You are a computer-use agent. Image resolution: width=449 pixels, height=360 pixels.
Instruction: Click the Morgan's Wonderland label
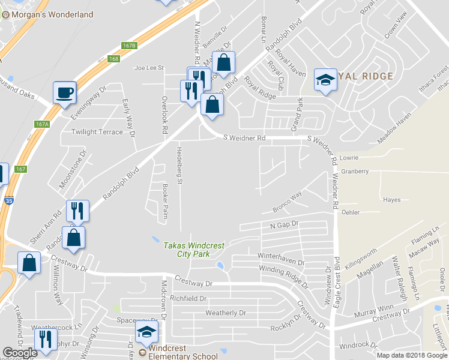click(x=52, y=14)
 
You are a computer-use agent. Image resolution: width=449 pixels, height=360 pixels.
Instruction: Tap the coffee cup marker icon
click(x=64, y=93)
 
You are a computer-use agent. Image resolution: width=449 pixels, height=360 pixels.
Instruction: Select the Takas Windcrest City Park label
click(x=186, y=250)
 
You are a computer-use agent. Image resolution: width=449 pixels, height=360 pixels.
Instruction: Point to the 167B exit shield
click(x=129, y=46)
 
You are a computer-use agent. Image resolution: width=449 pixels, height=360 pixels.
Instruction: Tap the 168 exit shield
click(x=114, y=59)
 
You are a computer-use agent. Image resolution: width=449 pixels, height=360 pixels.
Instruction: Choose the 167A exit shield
click(x=41, y=124)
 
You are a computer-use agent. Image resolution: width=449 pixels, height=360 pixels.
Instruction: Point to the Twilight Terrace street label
click(x=97, y=132)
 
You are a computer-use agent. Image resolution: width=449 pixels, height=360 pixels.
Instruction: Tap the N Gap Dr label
click(x=284, y=224)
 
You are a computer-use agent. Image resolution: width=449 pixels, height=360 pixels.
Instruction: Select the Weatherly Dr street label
click(x=226, y=313)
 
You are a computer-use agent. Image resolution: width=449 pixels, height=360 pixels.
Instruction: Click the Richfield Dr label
click(x=188, y=298)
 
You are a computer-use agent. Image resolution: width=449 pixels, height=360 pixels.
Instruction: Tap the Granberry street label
click(x=354, y=171)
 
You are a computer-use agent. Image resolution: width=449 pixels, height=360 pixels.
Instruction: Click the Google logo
click(x=20, y=353)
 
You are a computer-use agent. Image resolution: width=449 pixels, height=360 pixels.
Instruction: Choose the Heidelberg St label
click(x=178, y=164)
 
